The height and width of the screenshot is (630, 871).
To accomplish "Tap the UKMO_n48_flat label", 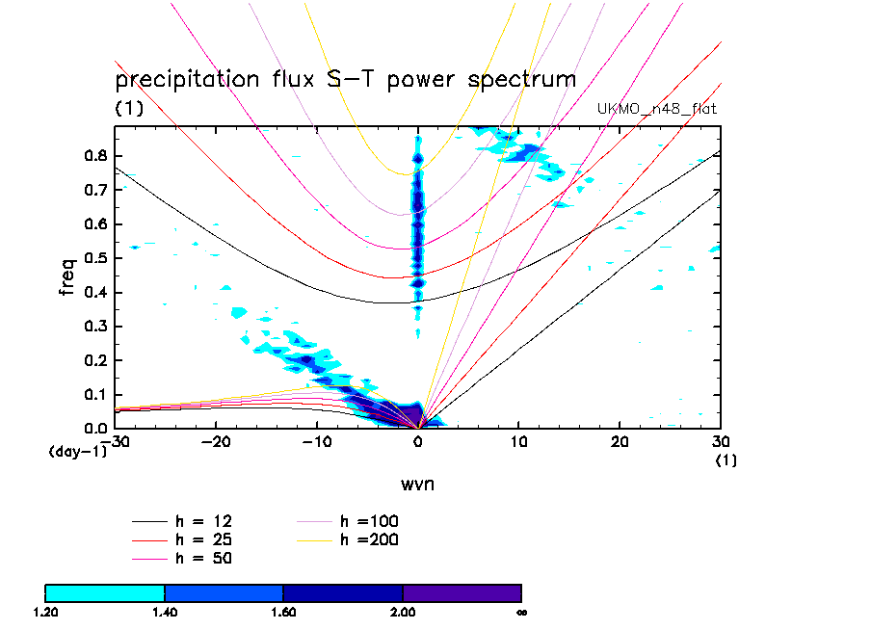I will [657, 109].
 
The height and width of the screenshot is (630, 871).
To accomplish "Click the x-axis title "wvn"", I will [417, 484].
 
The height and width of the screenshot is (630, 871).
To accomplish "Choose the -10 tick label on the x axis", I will [316, 441].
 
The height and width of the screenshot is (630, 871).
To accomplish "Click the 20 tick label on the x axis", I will [620, 441].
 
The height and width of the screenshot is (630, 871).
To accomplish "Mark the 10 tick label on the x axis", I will [518, 441].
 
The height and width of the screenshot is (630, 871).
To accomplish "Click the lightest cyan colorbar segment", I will [105, 592].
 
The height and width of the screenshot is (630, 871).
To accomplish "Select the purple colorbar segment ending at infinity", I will [462, 592].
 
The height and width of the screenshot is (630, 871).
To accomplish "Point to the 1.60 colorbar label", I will [283, 612].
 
